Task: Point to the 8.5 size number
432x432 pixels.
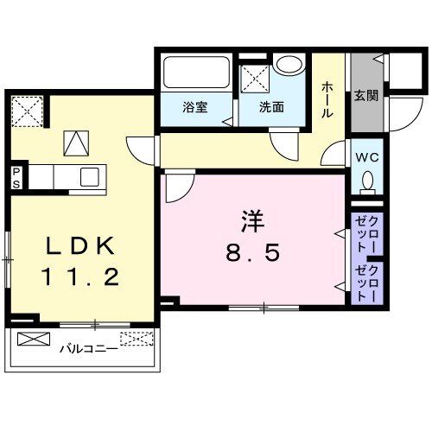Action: tap(251, 254)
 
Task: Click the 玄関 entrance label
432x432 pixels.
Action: tap(361, 97)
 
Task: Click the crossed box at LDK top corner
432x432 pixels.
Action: tap(27, 111)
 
